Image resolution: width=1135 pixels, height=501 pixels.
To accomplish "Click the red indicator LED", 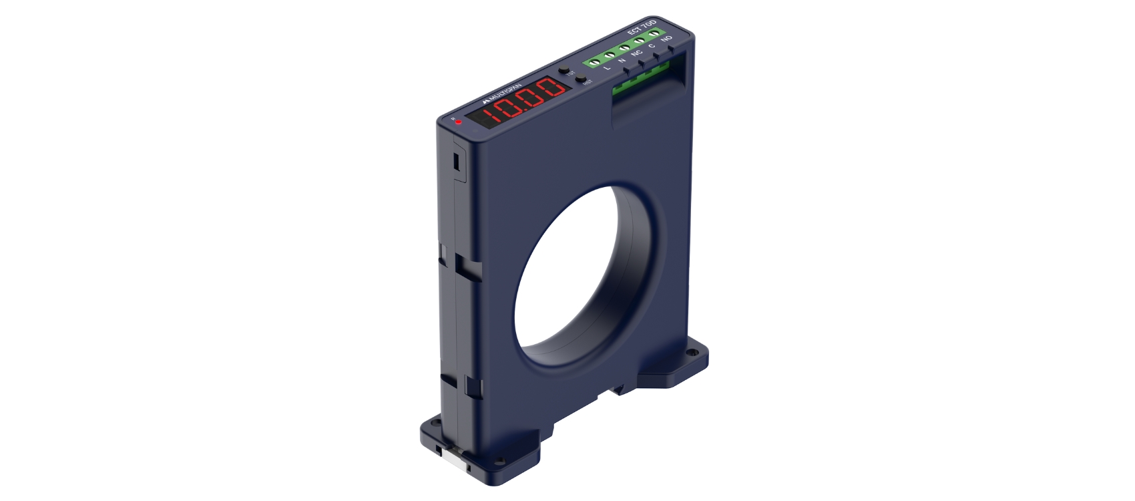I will pyautogui.click(x=458, y=122).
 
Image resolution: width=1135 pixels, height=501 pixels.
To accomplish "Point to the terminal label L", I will pyautogui.click(x=607, y=67).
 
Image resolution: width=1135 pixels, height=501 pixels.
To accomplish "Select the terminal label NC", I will pyautogui.click(x=636, y=53).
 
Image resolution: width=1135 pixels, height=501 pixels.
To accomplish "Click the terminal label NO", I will pyautogui.click(x=666, y=39).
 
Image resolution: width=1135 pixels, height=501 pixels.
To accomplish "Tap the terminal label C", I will pyautogui.click(x=652, y=46).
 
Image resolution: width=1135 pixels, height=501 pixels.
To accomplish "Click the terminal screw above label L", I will pyautogui.click(x=594, y=61).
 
